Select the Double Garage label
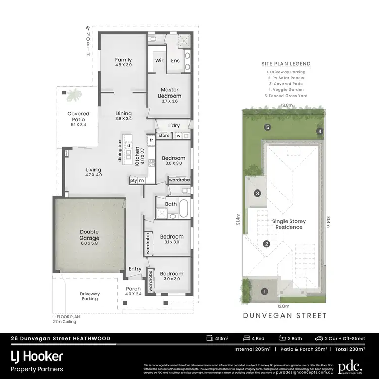click(x=89, y=235)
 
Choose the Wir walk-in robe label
click(x=159, y=60)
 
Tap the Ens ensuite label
click(x=175, y=60)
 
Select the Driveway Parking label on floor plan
click(x=89, y=296)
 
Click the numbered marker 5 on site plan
click(x=268, y=127)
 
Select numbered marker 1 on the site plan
click(x=264, y=291)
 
